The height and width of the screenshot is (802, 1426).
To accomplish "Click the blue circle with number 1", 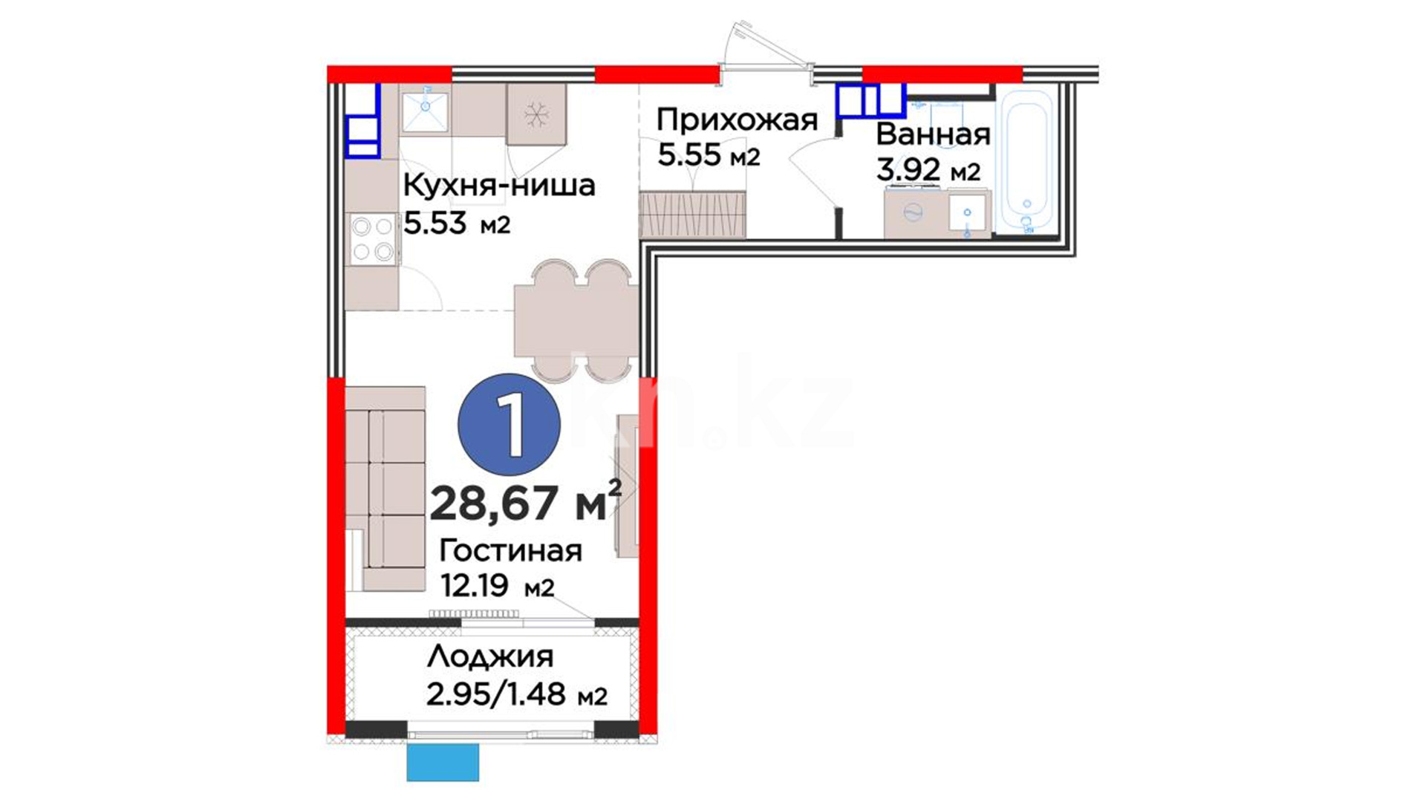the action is click(x=509, y=424).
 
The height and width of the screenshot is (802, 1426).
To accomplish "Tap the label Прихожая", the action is click(x=737, y=120).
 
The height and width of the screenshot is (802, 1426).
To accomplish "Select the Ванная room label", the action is click(x=933, y=134).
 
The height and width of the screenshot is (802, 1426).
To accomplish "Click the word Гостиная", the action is click(x=510, y=551).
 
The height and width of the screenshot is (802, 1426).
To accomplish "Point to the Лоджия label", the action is click(x=490, y=657).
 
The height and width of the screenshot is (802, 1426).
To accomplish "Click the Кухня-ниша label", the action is click(x=499, y=185).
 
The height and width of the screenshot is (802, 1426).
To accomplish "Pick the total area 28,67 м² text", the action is click(x=525, y=502).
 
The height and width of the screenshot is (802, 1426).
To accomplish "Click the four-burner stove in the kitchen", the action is click(x=373, y=238).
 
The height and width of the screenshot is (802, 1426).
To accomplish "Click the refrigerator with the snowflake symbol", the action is click(x=536, y=114).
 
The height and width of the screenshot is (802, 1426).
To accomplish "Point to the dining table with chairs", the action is click(x=576, y=320).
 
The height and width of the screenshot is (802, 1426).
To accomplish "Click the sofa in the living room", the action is click(x=385, y=489).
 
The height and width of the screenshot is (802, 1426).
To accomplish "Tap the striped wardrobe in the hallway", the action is click(x=692, y=215).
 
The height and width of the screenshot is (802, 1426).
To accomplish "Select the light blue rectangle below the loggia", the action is click(x=443, y=762).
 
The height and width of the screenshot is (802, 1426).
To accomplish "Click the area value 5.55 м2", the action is click(x=709, y=155).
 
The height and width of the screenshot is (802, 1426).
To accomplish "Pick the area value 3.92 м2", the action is click(x=928, y=171).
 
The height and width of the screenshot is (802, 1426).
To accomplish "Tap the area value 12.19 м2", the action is click(x=497, y=587).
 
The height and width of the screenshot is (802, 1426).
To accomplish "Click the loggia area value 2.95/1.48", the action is click(x=495, y=694).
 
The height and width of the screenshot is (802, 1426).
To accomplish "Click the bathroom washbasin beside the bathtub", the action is click(x=967, y=213).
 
